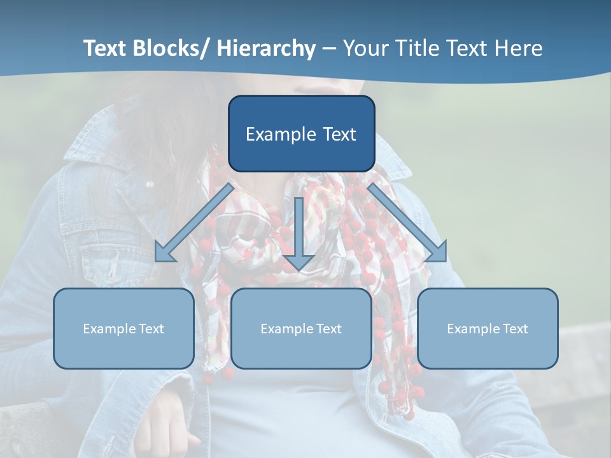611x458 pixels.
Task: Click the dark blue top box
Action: tap(301, 134)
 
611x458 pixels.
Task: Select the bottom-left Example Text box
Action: tap(123, 328)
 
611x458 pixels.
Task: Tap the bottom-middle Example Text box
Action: tap(301, 328)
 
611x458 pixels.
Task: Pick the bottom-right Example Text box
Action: tap(488, 328)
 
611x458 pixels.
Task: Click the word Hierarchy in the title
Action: tap(266, 48)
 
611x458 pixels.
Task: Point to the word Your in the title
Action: tap(365, 48)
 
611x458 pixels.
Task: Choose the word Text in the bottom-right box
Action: tap(514, 328)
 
